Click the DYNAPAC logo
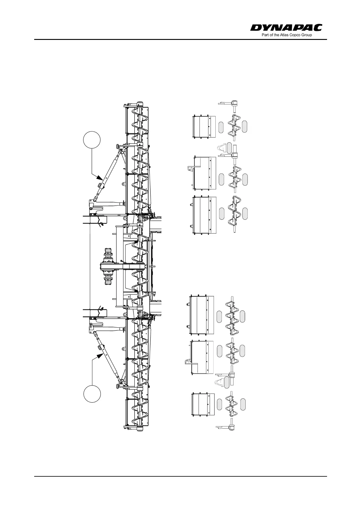point(286,28)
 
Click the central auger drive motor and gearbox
point(107,266)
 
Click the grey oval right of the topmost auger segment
point(245,126)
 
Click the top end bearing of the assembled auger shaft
point(140,104)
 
